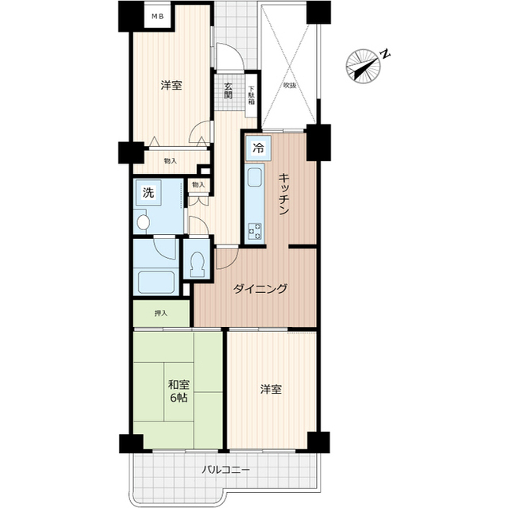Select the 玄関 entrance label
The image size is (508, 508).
tap(229, 92)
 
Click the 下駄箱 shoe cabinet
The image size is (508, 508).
tap(251, 94)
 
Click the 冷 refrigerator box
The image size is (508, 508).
tap(258, 146)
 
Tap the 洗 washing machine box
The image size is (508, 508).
tap(148, 192)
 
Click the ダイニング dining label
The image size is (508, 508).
tap(260, 289)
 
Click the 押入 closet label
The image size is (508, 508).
tap(161, 313)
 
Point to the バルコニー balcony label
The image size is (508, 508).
tap(225, 470)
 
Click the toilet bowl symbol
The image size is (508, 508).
tap(196, 260)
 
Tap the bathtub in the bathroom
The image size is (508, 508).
tap(156, 281)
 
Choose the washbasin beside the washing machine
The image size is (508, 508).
tap(144, 222)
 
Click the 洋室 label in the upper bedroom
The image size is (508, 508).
tap(171, 85)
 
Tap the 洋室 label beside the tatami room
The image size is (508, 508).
tap(271, 389)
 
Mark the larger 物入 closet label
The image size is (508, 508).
tap(170, 161)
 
